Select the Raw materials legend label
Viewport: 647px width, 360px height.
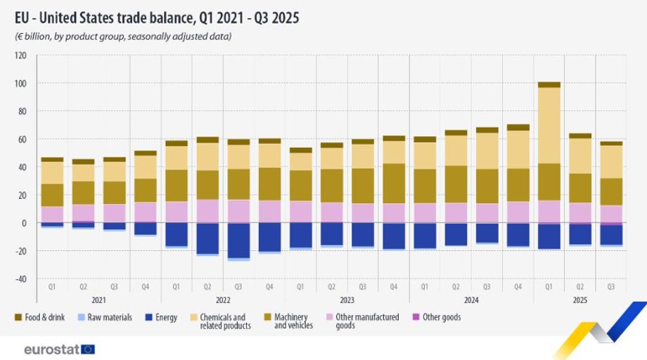pyautogui.click(x=110, y=317)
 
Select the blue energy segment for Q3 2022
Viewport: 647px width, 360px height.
pyautogui.click(x=238, y=240)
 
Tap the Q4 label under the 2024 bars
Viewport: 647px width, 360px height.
pyautogui.click(x=518, y=287)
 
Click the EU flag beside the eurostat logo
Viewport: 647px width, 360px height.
pyautogui.click(x=88, y=349)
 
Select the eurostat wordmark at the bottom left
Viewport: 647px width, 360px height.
pyautogui.click(x=51, y=349)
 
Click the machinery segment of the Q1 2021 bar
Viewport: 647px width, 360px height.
pyautogui.click(x=52, y=195)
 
